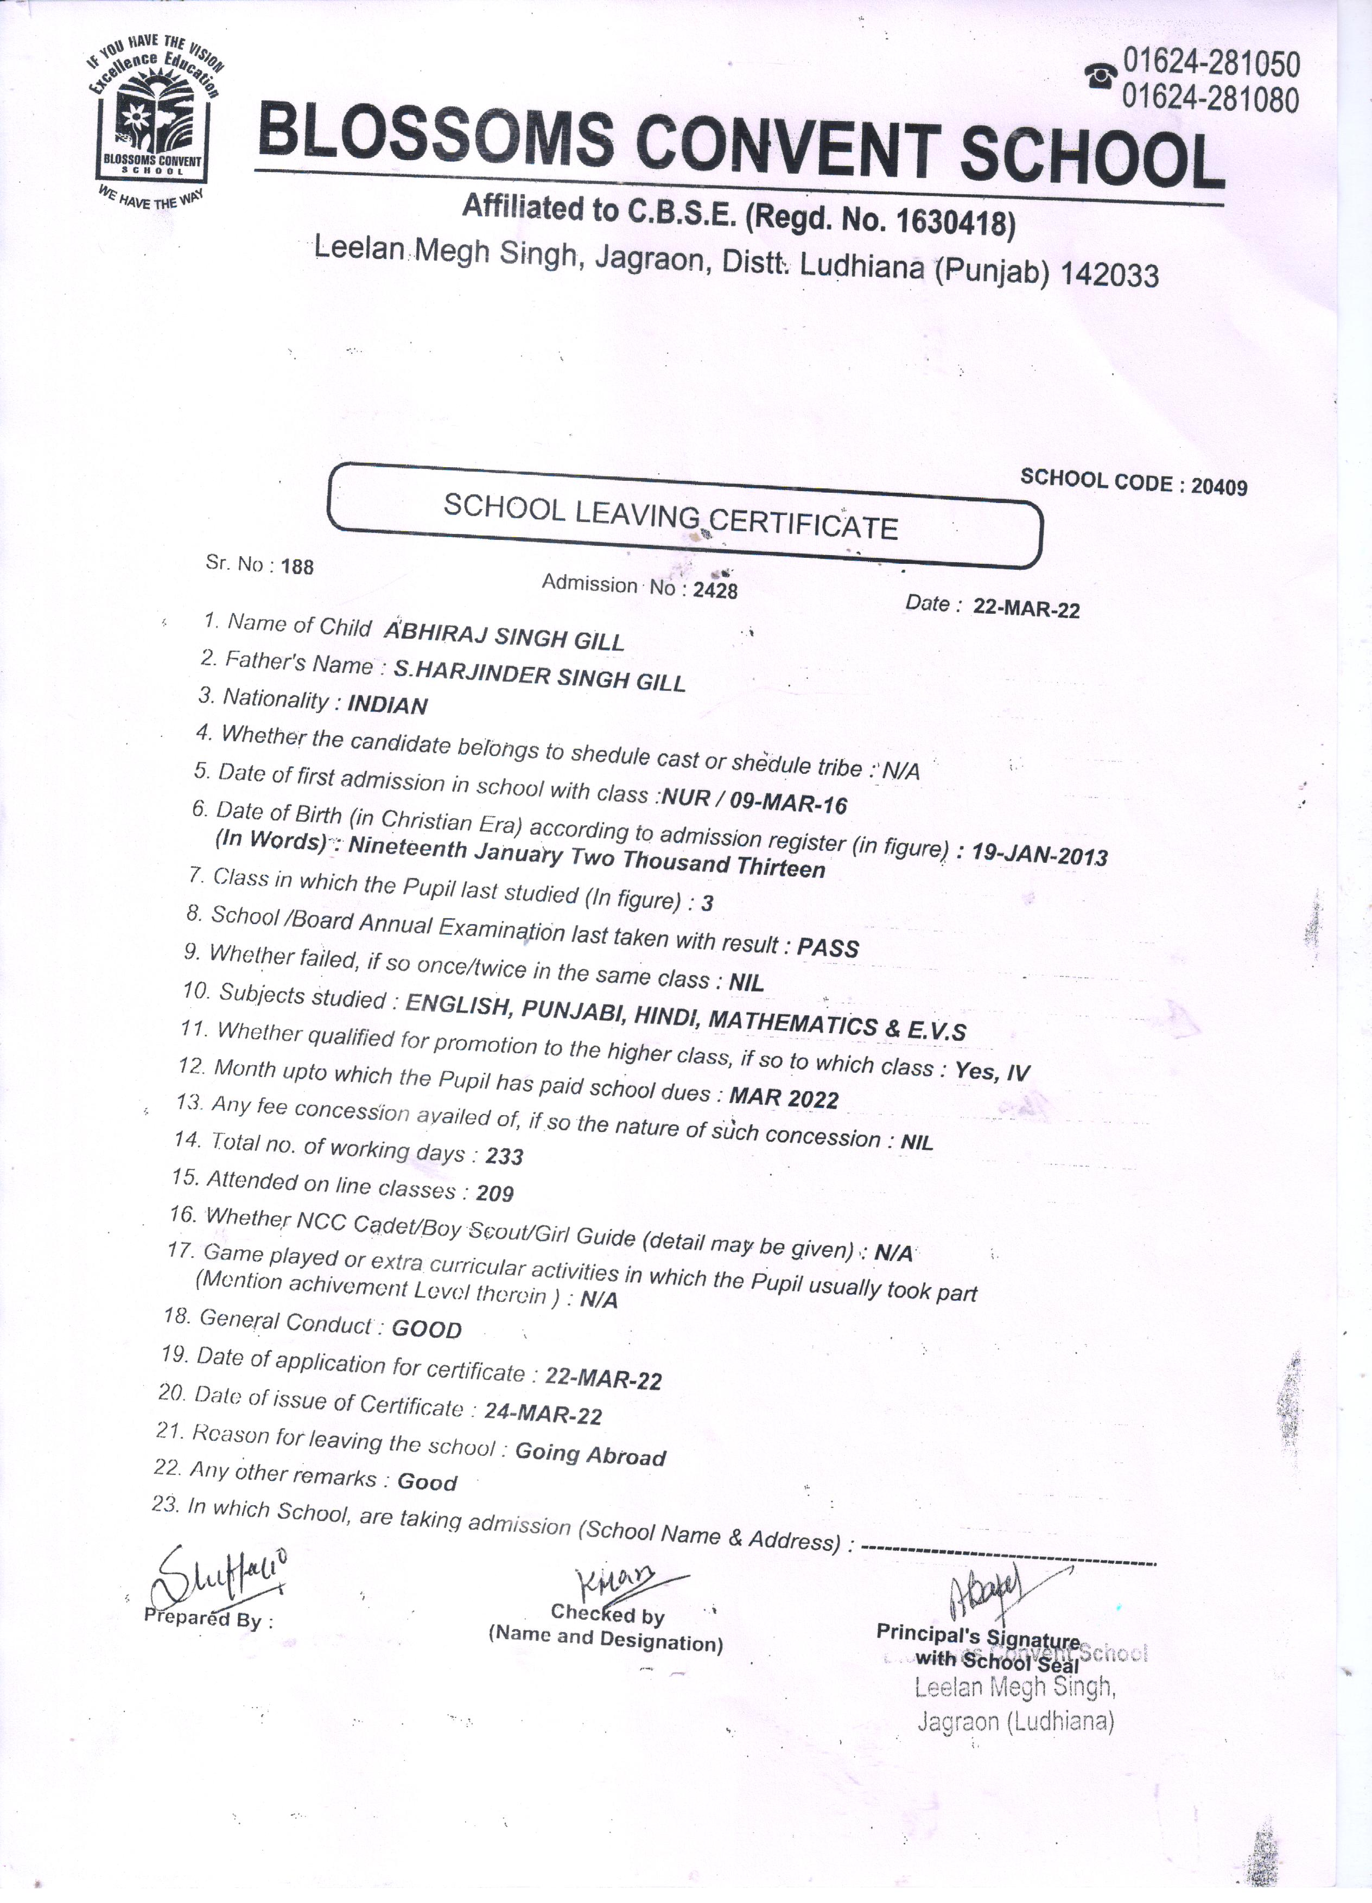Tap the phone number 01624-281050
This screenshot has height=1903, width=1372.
pos(1210,64)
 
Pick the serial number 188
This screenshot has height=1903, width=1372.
pos(297,567)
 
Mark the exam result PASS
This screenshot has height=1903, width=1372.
pos(828,947)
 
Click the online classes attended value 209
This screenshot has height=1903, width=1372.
pos(494,1192)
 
